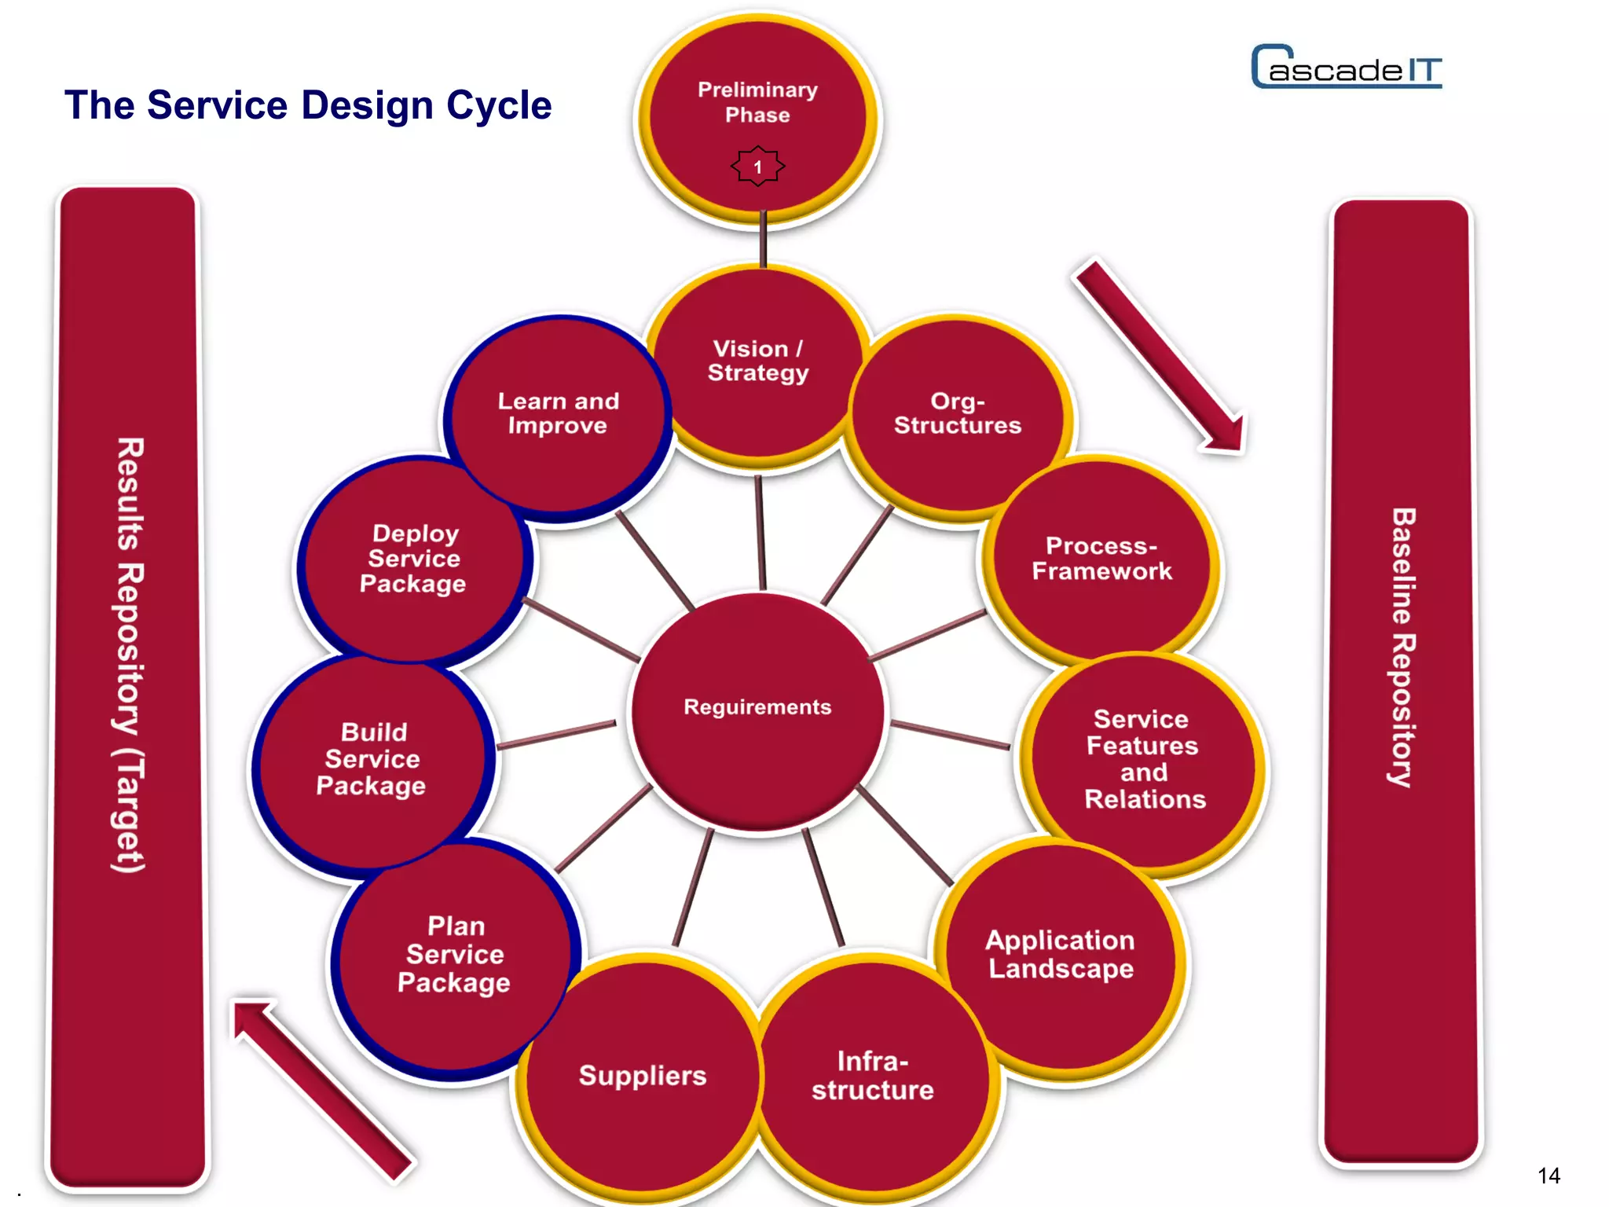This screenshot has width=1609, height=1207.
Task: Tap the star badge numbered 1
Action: tap(757, 167)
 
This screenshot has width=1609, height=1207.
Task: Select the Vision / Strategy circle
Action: tap(757, 369)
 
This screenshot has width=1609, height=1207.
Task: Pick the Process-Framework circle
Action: tap(1101, 562)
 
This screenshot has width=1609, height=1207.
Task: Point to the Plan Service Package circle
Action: tap(454, 955)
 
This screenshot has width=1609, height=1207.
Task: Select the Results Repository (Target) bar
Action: tap(128, 684)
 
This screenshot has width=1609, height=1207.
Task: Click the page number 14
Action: tap(1549, 1176)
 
